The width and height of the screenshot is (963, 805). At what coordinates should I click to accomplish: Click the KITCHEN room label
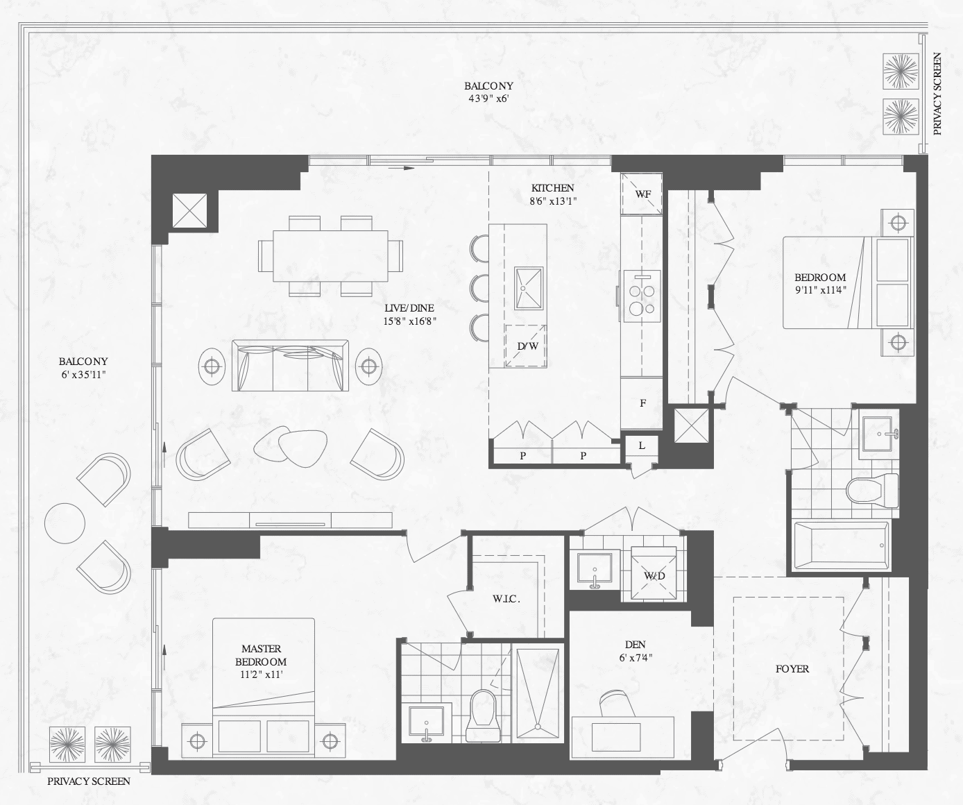(552, 188)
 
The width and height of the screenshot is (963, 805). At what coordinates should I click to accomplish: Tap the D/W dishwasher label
(527, 346)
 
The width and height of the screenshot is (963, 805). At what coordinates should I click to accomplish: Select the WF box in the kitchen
(642, 194)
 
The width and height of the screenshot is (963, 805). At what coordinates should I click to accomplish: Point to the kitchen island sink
(528, 288)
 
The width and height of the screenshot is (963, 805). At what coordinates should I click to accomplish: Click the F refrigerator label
(643, 403)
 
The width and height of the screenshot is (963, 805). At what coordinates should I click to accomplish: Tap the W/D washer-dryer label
(654, 576)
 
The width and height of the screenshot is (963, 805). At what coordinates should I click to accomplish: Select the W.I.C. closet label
(506, 600)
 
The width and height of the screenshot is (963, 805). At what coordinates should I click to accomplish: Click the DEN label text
(635, 645)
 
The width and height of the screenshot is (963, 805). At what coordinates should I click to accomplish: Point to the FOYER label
(792, 668)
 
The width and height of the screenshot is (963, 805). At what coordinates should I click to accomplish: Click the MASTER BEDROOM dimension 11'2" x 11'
(261, 675)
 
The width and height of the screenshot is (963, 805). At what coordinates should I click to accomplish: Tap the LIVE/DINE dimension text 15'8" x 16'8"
(409, 321)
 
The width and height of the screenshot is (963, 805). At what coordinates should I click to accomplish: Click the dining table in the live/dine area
(330, 256)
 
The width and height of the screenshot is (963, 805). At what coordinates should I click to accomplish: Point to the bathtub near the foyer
(840, 545)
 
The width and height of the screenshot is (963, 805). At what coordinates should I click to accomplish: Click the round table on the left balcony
(65, 523)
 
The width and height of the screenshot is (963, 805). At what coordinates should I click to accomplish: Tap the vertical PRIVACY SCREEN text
(937, 100)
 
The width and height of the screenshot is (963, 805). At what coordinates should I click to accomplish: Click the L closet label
(642, 446)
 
